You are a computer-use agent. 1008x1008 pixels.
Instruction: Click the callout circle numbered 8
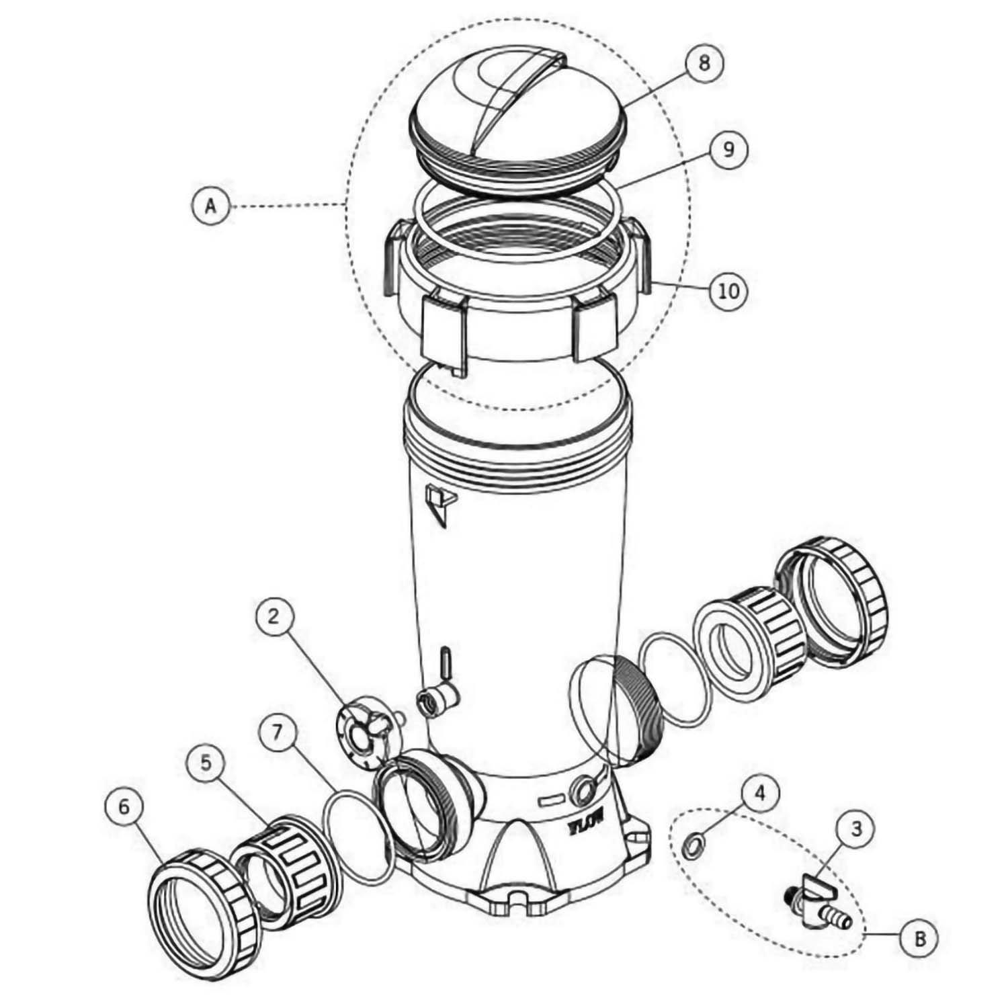[704, 65]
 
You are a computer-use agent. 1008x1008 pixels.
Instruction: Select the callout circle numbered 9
[728, 149]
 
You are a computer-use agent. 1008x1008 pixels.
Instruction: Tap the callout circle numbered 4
[759, 793]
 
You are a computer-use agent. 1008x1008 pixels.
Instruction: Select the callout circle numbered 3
[857, 829]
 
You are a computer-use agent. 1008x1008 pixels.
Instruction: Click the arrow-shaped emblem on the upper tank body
[439, 505]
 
